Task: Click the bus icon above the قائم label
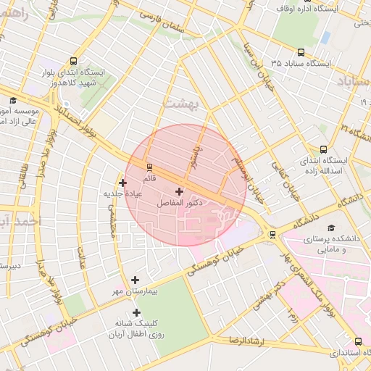149,167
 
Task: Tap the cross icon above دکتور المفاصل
179,192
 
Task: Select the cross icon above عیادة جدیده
122,183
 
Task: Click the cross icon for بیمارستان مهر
135,280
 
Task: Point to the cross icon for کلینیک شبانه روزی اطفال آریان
136,312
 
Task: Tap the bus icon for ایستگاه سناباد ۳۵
302,51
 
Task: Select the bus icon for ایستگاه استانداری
358,341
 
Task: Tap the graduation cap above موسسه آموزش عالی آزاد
12,101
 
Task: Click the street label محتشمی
112,218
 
